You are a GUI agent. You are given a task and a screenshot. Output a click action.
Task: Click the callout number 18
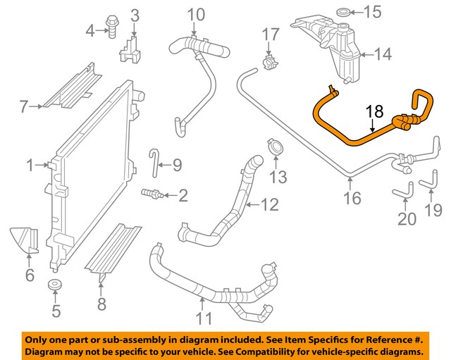coord(375,111)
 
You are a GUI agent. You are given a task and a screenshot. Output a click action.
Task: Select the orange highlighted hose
coord(345,135)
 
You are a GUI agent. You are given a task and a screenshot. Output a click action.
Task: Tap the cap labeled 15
coord(344,12)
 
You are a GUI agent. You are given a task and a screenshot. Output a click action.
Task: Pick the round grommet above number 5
coord(54,285)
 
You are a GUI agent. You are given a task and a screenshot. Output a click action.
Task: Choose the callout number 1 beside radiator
coord(30,166)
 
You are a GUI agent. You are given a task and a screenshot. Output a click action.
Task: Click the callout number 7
coord(23,107)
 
